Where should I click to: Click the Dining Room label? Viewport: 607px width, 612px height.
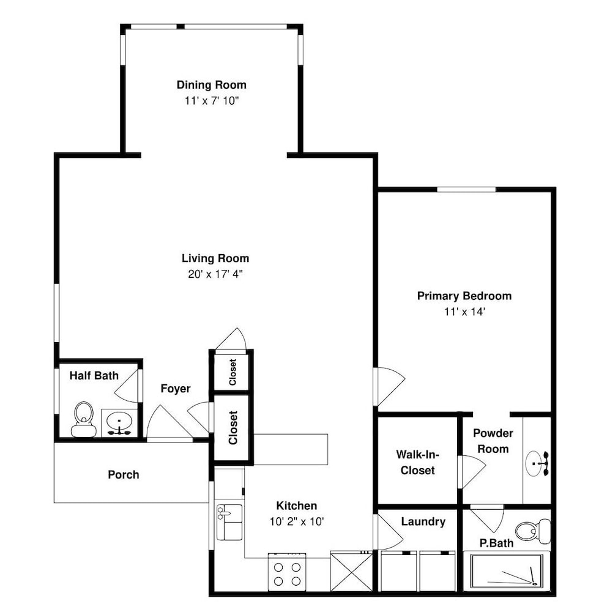pos(212,84)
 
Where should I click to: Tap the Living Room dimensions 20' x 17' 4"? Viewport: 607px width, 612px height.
pos(215,274)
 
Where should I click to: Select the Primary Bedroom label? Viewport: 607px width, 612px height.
pos(464,296)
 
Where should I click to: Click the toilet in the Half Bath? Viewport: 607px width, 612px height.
pos(84,420)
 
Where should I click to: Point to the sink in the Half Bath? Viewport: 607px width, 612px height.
pos(119,423)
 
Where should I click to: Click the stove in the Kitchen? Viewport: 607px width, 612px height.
pos(287,572)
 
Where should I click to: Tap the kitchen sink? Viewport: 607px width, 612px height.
pos(229,522)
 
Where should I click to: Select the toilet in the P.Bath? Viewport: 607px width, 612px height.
pos(533,531)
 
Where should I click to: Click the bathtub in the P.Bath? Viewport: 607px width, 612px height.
pos(507,570)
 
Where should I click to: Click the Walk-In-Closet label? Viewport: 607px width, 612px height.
pos(418,462)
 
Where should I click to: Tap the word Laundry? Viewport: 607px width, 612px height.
pos(423,522)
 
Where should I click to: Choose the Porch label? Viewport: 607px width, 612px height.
pos(124,475)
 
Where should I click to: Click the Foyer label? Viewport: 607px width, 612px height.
pos(176,389)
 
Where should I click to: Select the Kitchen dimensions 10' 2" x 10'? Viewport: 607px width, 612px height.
pos(297,521)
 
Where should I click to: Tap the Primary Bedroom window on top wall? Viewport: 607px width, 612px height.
pos(466,190)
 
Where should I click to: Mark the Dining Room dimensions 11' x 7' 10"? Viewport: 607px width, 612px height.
pos(212,101)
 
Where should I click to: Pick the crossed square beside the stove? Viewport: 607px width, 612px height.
pos(352,572)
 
